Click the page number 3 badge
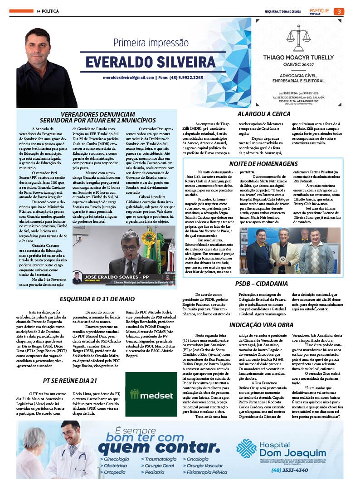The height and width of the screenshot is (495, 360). pyautogui.click(x=338, y=11)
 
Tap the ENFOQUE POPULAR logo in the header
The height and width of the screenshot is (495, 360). pyautogui.click(x=320, y=11)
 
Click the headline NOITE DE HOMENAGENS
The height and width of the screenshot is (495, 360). pyautogui.click(x=263, y=163)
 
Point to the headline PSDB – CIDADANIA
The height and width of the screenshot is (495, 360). pyautogui.click(x=261, y=284)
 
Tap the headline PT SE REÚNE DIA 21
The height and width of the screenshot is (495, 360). pyautogui.click(x=70, y=380)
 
